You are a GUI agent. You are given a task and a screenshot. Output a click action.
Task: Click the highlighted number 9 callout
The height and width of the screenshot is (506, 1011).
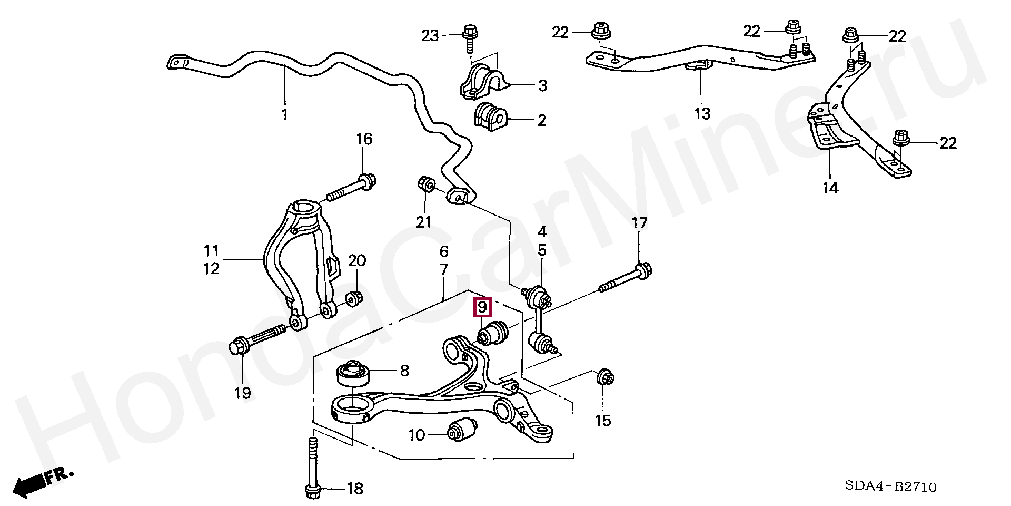pos(482,307)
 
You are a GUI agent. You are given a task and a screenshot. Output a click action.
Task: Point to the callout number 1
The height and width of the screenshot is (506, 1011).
pos(285,114)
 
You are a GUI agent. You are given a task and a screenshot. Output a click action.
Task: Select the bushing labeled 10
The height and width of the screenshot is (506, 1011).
pos(461,430)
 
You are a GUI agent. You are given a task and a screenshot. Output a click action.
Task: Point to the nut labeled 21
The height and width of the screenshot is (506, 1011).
pos(425,185)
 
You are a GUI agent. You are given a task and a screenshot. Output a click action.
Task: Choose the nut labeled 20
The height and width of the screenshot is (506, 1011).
pos(354,299)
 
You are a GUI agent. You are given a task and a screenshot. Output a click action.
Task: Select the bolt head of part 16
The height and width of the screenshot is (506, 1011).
pos(366,182)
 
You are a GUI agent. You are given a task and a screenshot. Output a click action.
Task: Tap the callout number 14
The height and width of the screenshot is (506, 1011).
pos(830,188)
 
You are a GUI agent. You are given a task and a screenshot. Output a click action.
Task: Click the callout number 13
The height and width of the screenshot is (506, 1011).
pos(702,113)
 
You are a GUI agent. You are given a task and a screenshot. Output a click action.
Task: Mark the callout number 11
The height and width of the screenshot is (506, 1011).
pos(211,250)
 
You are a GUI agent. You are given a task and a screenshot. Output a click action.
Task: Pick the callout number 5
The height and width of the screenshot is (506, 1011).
pos(542,250)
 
